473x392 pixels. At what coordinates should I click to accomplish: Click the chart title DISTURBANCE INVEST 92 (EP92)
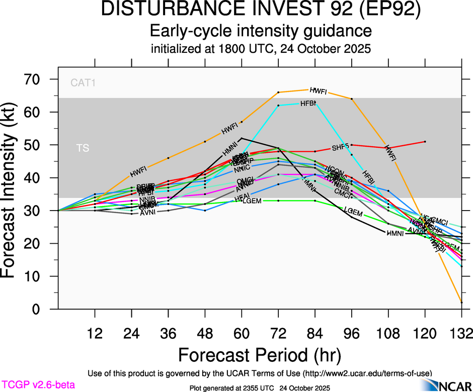point(261,11)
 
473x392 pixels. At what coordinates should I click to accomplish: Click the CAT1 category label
point(83,82)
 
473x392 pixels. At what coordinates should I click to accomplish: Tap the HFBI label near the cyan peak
point(308,104)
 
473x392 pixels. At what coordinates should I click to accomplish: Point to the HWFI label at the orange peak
point(319,91)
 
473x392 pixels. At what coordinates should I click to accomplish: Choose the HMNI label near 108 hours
point(395,233)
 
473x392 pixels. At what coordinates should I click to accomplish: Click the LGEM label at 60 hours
point(252,202)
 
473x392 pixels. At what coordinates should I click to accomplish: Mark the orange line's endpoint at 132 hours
point(461,303)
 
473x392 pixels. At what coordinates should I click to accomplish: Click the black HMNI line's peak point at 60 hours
point(242,138)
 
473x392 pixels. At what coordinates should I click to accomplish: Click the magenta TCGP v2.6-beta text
point(38,385)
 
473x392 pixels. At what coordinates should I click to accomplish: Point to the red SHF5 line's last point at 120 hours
point(425,142)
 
